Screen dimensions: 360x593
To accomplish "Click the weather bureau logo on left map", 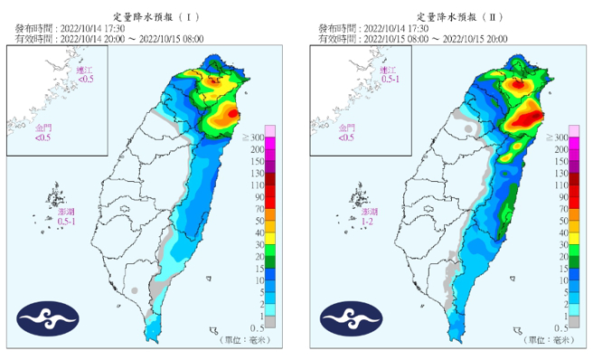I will pyautogui.click(x=48, y=318).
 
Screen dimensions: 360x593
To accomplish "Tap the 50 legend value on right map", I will pyautogui.click(x=560, y=220).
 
